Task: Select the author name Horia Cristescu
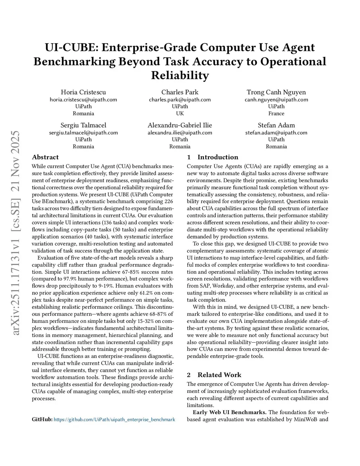tap(83, 92)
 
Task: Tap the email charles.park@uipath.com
tap(180, 100)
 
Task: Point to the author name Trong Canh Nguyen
tap(276, 92)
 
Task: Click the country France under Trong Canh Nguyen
tap(276, 113)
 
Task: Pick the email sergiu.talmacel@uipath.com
tap(83, 133)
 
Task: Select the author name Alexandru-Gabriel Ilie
tap(180, 125)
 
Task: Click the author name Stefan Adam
tap(276, 125)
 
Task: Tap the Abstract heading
tap(45, 157)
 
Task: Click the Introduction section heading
tap(218, 157)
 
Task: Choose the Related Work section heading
tap(219, 375)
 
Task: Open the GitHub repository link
tap(114, 420)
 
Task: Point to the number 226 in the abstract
tap(169, 202)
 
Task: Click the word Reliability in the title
tap(180, 75)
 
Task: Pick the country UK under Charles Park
tap(180, 113)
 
